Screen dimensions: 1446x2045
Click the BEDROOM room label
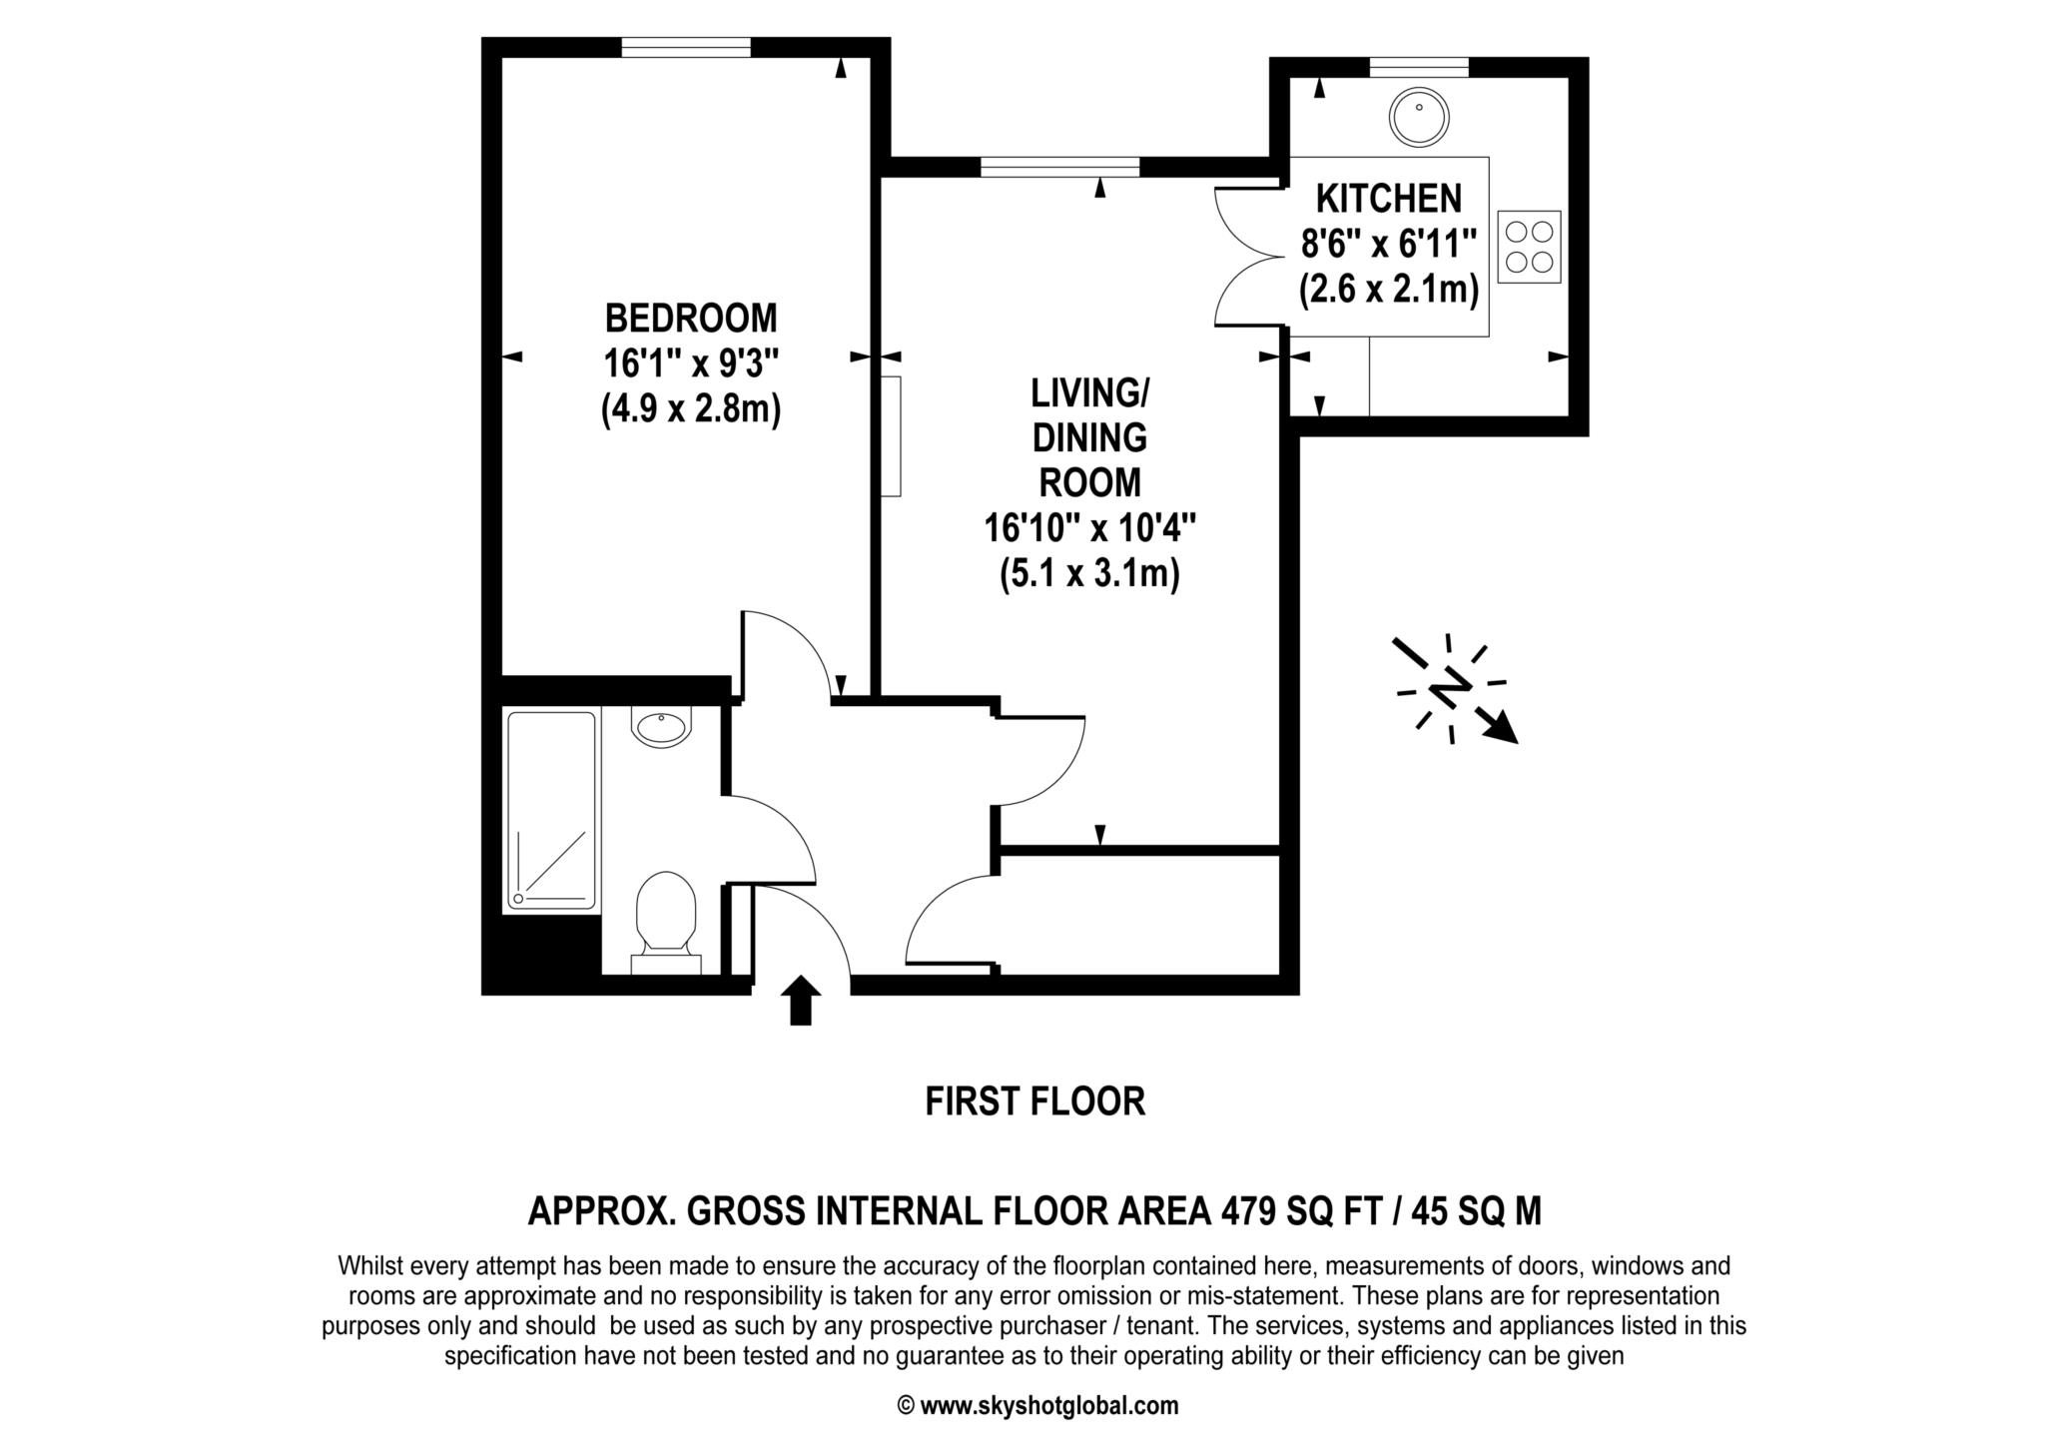pos(690,319)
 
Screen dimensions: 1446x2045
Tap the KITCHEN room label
pos(1388,199)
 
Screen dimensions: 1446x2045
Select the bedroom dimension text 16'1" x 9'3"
pos(690,363)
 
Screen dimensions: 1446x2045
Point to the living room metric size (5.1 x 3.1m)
pos(1089,574)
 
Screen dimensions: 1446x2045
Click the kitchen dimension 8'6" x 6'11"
pos(1388,244)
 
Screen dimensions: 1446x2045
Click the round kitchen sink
pos(1419,116)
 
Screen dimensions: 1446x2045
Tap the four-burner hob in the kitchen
pos(1529,247)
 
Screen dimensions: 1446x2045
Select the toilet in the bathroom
pos(666,914)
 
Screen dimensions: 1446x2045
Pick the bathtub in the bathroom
pos(551,810)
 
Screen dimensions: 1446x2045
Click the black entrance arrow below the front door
pos(800,1001)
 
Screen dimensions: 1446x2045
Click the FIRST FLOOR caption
pos(1034,1101)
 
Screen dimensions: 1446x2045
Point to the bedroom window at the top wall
pos(685,47)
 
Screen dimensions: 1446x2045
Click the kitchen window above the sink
pos(1418,67)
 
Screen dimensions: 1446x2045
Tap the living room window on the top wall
pos(1059,167)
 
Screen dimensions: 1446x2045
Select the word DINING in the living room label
pos(1089,437)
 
